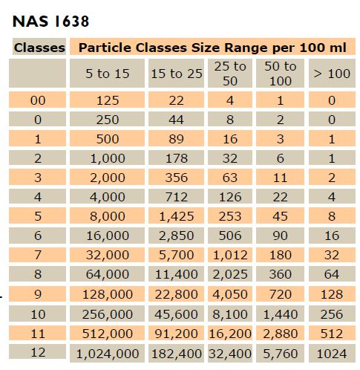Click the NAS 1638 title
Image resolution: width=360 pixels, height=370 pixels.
[50, 22]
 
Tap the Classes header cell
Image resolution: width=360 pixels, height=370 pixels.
[39, 47]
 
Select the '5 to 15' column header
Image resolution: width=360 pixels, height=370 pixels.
[107, 74]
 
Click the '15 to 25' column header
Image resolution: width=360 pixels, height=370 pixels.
[177, 74]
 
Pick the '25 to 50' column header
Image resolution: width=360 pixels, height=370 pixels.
[230, 74]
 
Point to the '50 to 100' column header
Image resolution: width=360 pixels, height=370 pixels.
[280, 74]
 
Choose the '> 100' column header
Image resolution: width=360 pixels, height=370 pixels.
[332, 74]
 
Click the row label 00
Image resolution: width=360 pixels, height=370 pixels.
[38, 100]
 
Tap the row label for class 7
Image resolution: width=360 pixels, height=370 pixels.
[38, 255]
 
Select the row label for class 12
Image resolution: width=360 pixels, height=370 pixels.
[38, 352]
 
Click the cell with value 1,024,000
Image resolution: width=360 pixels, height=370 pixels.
[107, 354]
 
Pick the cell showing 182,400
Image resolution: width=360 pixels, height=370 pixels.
[177, 354]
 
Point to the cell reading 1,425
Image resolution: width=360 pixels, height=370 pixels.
[177, 216]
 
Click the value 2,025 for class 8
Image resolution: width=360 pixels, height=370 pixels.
[230, 274]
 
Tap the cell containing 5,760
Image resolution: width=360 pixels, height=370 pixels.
[280, 354]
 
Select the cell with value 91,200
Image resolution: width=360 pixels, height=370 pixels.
[177, 334]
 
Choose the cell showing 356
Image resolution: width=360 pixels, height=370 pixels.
[177, 178]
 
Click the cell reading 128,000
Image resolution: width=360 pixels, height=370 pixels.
[107, 294]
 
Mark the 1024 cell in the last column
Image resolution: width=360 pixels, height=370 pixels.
[332, 354]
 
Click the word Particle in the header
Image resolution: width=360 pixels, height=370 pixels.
[105, 47]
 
